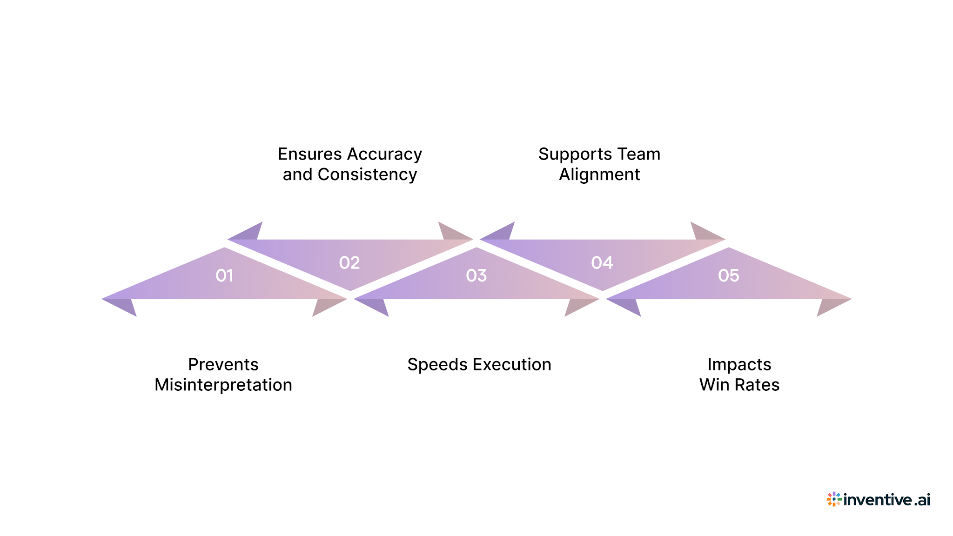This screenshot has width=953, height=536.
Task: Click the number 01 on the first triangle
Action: point(224,276)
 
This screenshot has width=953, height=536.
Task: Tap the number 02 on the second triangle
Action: point(349,263)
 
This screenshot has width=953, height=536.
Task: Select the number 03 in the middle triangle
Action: point(476,276)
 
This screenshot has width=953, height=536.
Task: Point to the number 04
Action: point(602,263)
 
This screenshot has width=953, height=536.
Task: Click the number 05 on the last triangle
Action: point(729,276)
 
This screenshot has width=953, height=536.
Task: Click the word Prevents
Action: point(223,364)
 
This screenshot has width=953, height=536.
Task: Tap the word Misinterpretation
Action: point(223,385)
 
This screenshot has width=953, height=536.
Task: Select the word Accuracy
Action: point(384,154)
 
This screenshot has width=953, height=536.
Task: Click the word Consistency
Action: point(367,174)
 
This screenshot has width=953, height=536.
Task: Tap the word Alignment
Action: point(599,174)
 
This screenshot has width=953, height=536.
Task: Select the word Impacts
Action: point(739,364)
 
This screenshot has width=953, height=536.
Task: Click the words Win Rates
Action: point(739,385)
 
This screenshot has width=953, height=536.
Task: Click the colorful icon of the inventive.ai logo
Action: point(834,499)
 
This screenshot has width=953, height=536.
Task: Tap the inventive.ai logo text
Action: point(886,500)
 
